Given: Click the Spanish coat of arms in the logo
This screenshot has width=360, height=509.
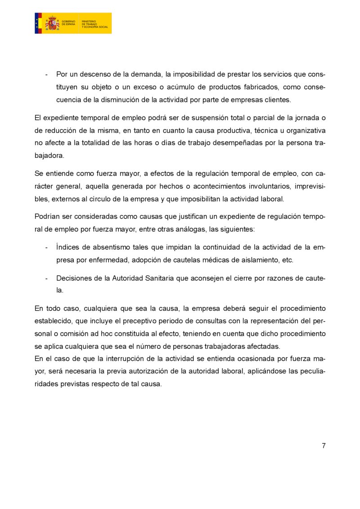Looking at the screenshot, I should click(52, 23).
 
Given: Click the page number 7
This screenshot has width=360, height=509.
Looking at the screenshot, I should click(324, 446).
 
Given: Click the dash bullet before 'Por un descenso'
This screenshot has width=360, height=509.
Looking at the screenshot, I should click(47, 74).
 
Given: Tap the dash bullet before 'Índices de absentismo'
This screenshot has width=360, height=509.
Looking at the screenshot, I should click(47, 247).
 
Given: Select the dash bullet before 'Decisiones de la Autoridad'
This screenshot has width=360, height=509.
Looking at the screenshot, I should click(47, 278).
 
